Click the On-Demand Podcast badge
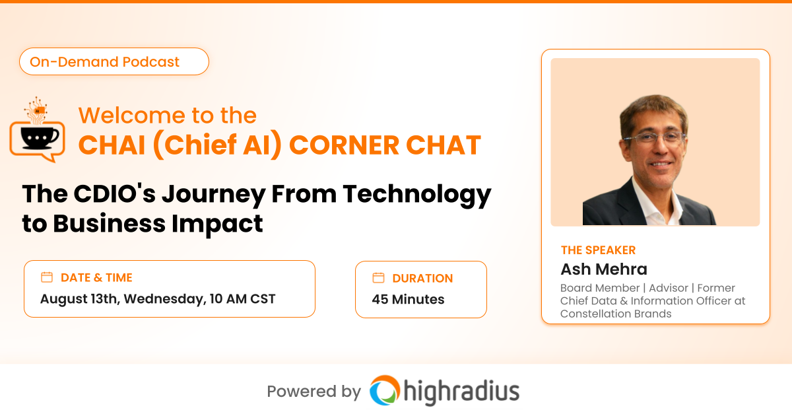point(114,61)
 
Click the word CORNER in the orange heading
point(345,145)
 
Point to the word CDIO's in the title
point(115,194)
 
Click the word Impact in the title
point(217,224)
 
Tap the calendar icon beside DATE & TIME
point(47,277)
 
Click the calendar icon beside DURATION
point(378,278)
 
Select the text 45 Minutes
point(408,299)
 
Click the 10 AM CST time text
point(242,298)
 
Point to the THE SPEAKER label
point(598,250)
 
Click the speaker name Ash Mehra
point(604,269)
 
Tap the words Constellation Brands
point(616,314)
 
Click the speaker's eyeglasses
point(655,137)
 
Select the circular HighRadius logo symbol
point(385,390)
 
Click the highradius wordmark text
point(462,392)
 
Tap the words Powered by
point(314,392)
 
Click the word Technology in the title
point(417,195)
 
